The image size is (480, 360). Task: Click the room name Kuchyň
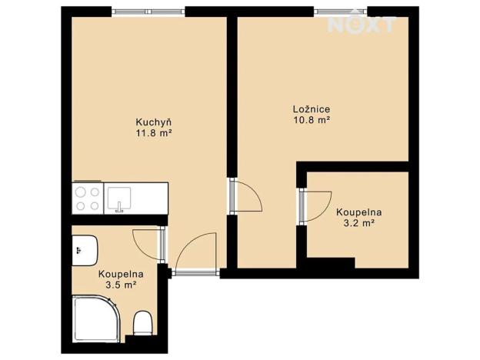(153, 122)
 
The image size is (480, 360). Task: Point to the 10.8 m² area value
(312, 120)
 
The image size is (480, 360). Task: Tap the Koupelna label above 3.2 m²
(358, 212)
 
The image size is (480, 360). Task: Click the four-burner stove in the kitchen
(86, 198)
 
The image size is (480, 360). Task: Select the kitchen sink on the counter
(119, 198)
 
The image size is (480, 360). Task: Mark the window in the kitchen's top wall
(148, 11)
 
